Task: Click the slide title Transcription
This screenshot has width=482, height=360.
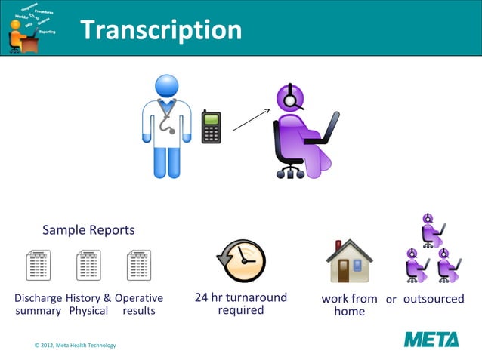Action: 160,29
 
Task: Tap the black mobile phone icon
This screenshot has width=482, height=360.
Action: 212,127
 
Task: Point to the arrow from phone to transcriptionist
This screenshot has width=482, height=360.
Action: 251,119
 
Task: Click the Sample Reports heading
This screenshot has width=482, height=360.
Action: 88,229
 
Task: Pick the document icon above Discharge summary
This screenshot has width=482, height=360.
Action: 38,266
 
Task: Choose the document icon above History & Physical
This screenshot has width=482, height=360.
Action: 88,266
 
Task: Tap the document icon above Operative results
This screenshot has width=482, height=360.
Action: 139,266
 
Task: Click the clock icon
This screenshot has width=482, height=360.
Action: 242,260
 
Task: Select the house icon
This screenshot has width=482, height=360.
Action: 349,261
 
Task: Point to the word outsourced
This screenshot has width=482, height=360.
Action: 434,299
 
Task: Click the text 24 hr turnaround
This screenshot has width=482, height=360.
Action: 241,297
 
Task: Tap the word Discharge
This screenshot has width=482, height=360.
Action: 39,298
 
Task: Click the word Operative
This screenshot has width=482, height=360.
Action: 139,298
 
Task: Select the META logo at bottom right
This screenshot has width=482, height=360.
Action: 431,339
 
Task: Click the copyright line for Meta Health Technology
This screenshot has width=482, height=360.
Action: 76,345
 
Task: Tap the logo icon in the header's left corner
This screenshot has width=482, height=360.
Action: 29,29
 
